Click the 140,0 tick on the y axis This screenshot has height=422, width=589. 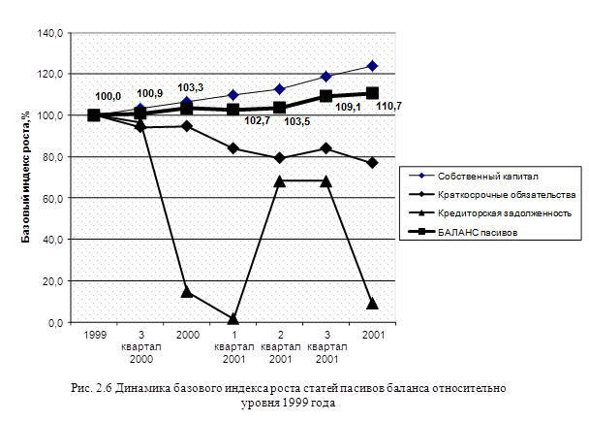51,32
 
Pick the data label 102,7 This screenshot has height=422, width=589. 256,122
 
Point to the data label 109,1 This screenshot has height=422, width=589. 348,122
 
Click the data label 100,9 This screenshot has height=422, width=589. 150,94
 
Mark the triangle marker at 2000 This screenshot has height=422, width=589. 187,292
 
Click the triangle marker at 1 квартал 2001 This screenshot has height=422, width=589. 233,318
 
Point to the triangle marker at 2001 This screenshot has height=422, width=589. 372,304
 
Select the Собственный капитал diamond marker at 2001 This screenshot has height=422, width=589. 372,66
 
